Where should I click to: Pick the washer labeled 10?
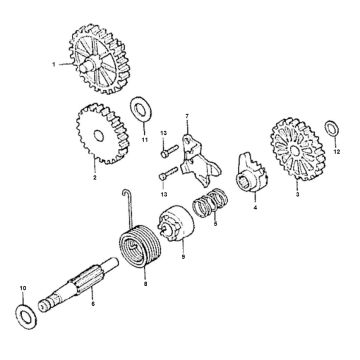click(x=21, y=314)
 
